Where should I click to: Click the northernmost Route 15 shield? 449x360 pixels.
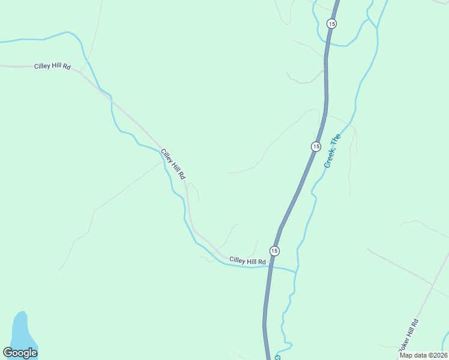pyautogui.click(x=332, y=23)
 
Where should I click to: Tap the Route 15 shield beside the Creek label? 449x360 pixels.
pyautogui.click(x=316, y=146)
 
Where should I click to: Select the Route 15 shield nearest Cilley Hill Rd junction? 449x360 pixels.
pyautogui.click(x=274, y=250)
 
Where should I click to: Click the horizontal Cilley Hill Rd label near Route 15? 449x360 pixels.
pyautogui.click(x=247, y=261)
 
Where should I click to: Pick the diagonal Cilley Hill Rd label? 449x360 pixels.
pyautogui.click(x=173, y=164)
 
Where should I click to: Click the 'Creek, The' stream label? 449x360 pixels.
pyautogui.click(x=332, y=151)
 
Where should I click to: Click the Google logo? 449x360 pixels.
pyautogui.click(x=20, y=353)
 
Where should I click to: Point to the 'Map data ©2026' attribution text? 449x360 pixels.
pyautogui.click(x=423, y=355)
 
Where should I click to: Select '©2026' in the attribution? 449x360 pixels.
pyautogui.click(x=436, y=355)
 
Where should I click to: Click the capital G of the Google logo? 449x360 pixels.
pyautogui.click(x=8, y=353)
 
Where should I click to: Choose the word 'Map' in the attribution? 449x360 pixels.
pyautogui.click(x=406, y=355)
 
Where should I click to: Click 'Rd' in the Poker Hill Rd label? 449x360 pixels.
pyautogui.click(x=415, y=324)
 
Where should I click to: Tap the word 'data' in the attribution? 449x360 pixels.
pyautogui.click(x=419, y=355)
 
